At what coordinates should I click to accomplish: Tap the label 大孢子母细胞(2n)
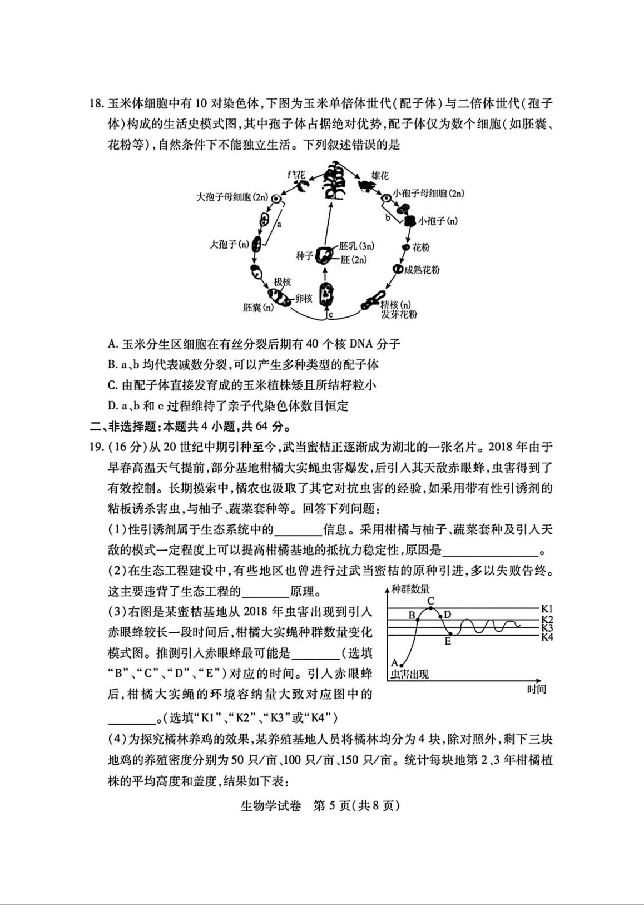pyautogui.click(x=232, y=197)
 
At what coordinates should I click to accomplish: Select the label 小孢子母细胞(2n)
pyautogui.click(x=428, y=194)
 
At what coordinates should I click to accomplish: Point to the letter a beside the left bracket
pyautogui.click(x=279, y=224)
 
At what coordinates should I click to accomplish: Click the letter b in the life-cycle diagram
pyautogui.click(x=388, y=217)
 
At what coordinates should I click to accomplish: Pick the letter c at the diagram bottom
pyautogui.click(x=330, y=315)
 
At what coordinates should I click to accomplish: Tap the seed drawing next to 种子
pyautogui.click(x=323, y=255)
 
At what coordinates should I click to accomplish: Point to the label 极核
pyautogui.click(x=282, y=282)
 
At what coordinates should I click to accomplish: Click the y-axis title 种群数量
pyautogui.click(x=410, y=590)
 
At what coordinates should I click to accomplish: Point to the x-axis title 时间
pyautogui.click(x=537, y=689)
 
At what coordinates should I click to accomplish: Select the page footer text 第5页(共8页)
pyautogui.click(x=356, y=806)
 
